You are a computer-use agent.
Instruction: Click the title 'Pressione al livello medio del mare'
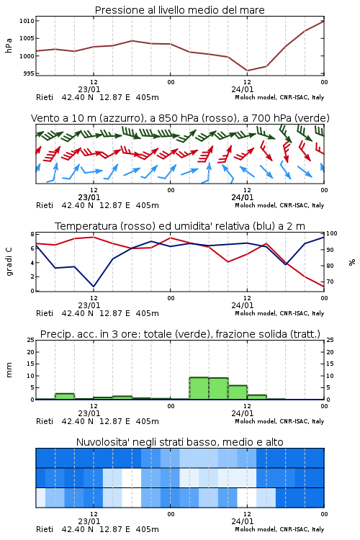point(179,10)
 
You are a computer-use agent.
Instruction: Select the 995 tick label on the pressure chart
point(28,73)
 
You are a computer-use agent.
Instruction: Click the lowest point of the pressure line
point(247,71)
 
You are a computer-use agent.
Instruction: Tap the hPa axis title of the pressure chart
point(9,45)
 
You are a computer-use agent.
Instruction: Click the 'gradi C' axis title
point(9,261)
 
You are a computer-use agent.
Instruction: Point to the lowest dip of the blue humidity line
point(94,286)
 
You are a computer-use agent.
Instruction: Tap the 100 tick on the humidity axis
point(332,233)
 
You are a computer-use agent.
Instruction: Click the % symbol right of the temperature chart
point(352,262)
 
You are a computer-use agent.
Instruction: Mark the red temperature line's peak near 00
point(170,238)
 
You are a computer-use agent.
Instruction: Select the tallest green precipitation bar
point(199,388)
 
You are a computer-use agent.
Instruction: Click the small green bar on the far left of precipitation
point(65,397)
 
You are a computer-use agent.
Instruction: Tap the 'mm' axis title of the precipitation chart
point(9,369)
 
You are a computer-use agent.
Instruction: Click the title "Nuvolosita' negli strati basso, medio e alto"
point(179,442)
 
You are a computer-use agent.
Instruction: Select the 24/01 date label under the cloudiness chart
point(243,521)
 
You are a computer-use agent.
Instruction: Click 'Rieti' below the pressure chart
point(45,97)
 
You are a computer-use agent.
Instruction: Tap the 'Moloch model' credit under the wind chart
point(256,205)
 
